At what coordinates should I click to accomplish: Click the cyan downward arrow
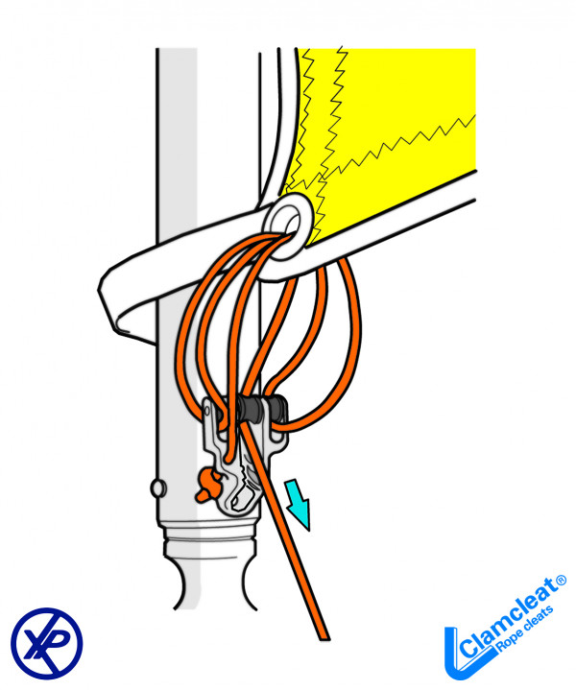pyautogui.click(x=299, y=504)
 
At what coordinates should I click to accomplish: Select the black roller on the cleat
pyautogui.click(x=260, y=410)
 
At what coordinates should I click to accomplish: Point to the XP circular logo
pyautogui.click(x=47, y=641)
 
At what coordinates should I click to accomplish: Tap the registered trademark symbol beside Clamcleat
pyautogui.click(x=561, y=582)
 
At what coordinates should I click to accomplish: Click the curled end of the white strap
pyautogui.click(x=120, y=297)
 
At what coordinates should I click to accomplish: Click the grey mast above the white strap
pyautogui.click(x=178, y=144)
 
